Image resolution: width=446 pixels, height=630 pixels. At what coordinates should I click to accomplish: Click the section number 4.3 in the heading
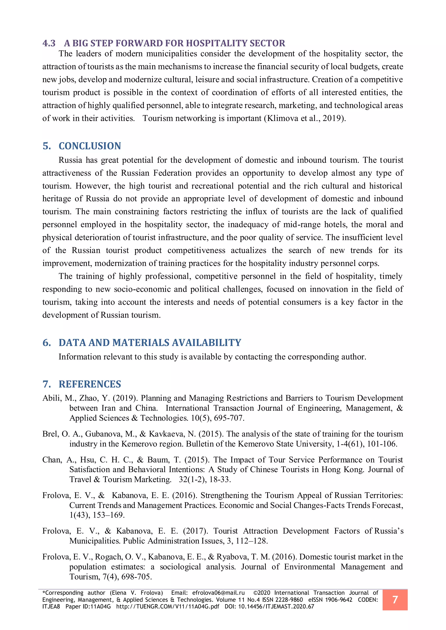(x=49, y=43)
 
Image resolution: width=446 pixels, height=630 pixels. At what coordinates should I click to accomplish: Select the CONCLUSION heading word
(x=90, y=146)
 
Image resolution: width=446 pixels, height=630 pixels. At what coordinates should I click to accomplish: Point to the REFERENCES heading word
(x=90, y=384)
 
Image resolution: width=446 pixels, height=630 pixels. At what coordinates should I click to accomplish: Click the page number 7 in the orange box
(x=395, y=600)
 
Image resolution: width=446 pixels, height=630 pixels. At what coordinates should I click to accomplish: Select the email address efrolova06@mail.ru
(x=218, y=593)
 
